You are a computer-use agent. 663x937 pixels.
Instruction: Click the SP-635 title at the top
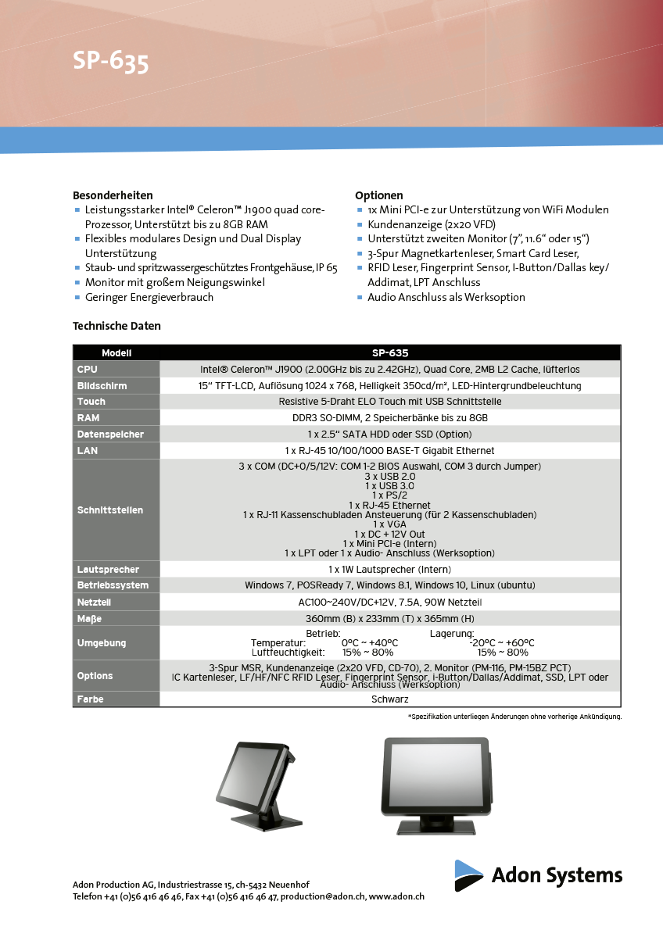click(110, 62)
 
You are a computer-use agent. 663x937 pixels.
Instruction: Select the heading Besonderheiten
click(113, 195)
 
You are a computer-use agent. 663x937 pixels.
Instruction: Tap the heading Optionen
click(379, 195)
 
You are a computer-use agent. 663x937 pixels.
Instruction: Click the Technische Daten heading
click(116, 326)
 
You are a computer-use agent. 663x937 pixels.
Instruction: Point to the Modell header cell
click(116, 353)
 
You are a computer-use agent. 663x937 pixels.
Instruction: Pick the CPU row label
click(88, 369)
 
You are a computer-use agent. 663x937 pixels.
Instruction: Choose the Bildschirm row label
click(102, 386)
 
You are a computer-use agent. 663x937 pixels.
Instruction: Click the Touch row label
click(91, 402)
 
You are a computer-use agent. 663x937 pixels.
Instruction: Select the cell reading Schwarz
click(389, 699)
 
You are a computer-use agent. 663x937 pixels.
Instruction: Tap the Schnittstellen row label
click(110, 510)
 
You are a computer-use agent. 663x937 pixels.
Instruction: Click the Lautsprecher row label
click(108, 570)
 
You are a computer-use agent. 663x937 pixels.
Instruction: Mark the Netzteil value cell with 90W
click(389, 603)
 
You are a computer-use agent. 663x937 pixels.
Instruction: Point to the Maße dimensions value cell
click(389, 619)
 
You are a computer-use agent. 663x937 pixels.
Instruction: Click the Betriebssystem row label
click(113, 585)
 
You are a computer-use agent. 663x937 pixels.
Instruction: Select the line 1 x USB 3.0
click(389, 486)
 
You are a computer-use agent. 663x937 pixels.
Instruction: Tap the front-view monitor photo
click(438, 784)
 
